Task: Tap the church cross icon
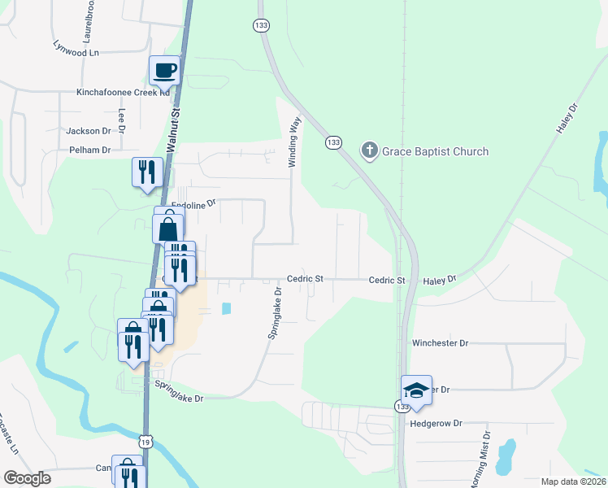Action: tap(369, 150)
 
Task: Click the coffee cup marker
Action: tap(164, 70)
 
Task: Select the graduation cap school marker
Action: tap(416, 390)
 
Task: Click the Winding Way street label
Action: tap(296, 142)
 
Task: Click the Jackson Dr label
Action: tap(89, 130)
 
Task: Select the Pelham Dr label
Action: tap(89, 150)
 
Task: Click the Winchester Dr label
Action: tap(440, 343)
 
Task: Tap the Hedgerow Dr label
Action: tap(436, 423)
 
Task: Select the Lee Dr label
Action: tap(122, 120)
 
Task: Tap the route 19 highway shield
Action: tap(145, 441)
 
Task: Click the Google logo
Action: tap(28, 478)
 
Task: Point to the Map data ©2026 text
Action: tap(573, 481)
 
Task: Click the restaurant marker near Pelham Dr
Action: tap(147, 172)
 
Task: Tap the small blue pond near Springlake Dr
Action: tap(225, 309)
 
